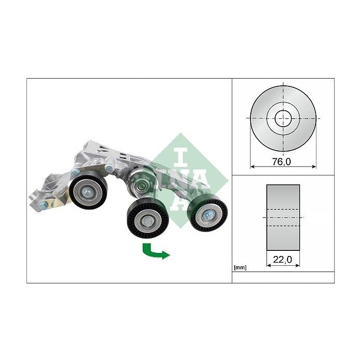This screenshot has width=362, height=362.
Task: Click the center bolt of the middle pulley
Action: [x=146, y=221]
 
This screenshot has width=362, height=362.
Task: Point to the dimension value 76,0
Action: [x=282, y=162]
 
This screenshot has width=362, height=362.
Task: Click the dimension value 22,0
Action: [x=282, y=262]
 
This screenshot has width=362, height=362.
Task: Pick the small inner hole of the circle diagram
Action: [x=282, y=117]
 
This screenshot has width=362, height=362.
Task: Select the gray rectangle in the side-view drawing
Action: [x=282, y=217]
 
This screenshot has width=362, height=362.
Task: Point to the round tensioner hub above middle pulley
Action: [x=141, y=182]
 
